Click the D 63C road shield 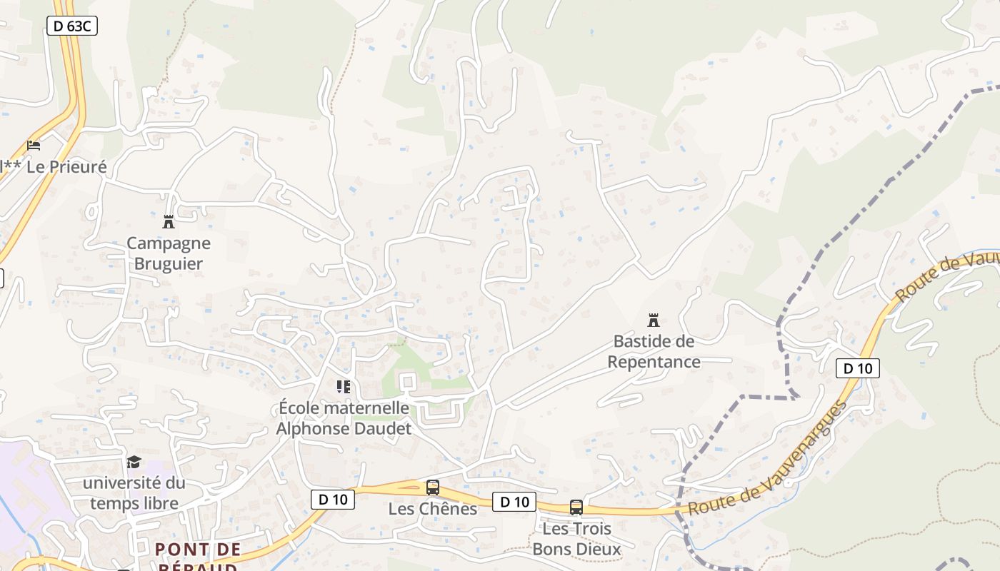tap(71, 26)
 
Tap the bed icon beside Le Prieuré tap(34, 145)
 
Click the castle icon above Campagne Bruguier tap(169, 222)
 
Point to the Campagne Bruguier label tap(169, 253)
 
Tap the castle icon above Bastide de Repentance tap(653, 320)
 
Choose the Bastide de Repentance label tap(654, 351)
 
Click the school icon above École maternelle tap(344, 387)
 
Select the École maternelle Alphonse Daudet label tap(344, 418)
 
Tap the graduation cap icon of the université tap(134, 462)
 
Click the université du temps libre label tap(134, 493)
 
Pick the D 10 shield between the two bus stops tap(514, 502)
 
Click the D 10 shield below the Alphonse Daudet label tap(333, 499)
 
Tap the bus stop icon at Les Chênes tap(433, 488)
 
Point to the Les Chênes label tap(433, 509)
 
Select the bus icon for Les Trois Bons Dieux tap(576, 507)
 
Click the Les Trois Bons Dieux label tap(576, 539)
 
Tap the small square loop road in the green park tap(408, 382)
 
